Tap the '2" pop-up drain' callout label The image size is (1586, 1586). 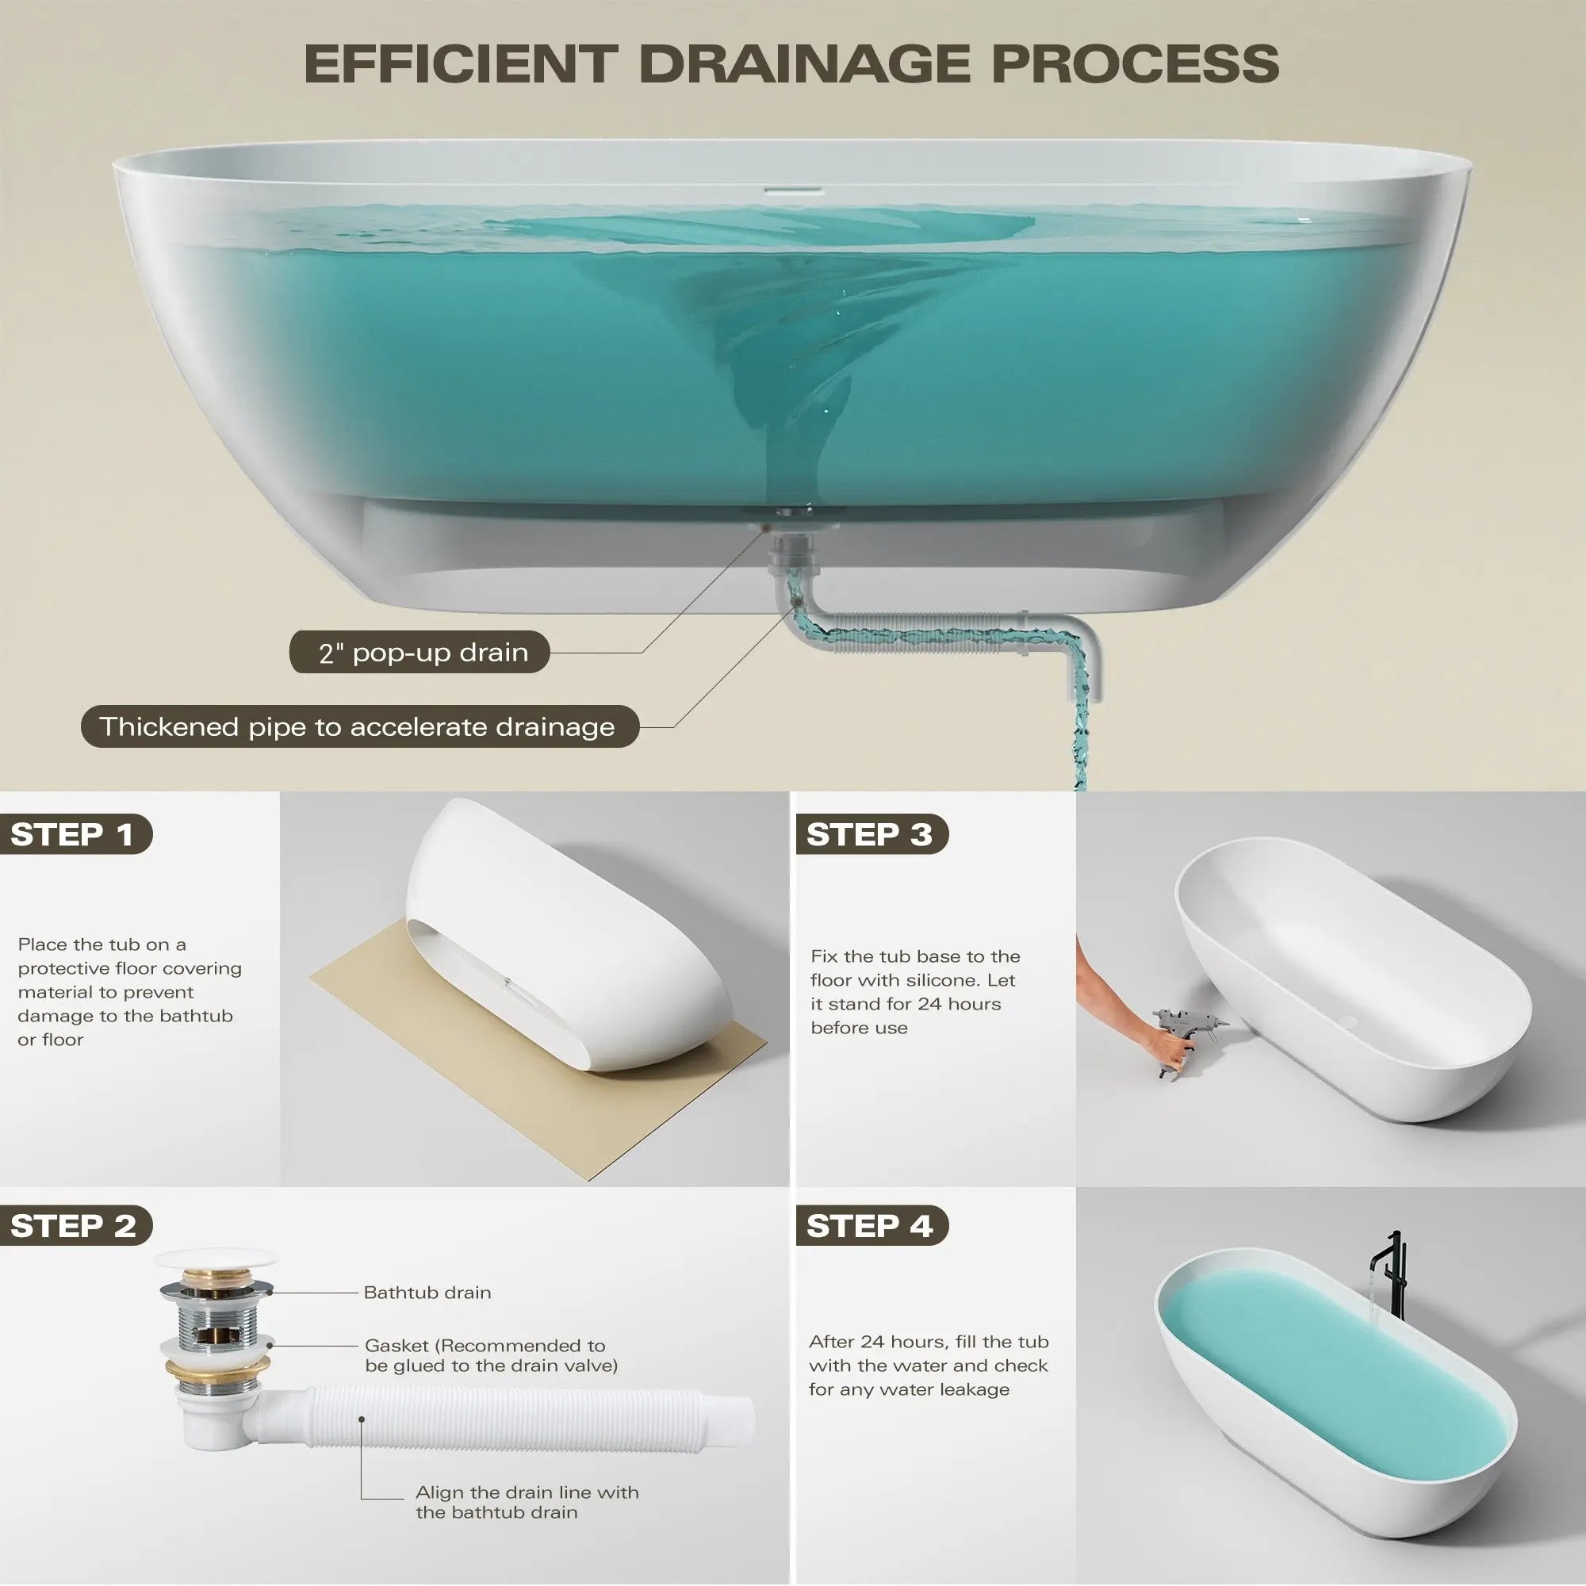(x=419, y=653)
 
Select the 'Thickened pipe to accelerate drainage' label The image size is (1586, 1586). (x=359, y=726)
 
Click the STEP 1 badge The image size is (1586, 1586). (x=74, y=834)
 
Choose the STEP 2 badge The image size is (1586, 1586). (x=74, y=1226)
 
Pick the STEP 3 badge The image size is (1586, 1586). (x=872, y=834)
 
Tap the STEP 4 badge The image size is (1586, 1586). (x=872, y=1226)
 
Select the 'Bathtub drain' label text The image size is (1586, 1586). (x=427, y=1292)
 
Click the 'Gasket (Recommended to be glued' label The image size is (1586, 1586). (x=491, y=1355)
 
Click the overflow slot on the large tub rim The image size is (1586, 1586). (x=794, y=190)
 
